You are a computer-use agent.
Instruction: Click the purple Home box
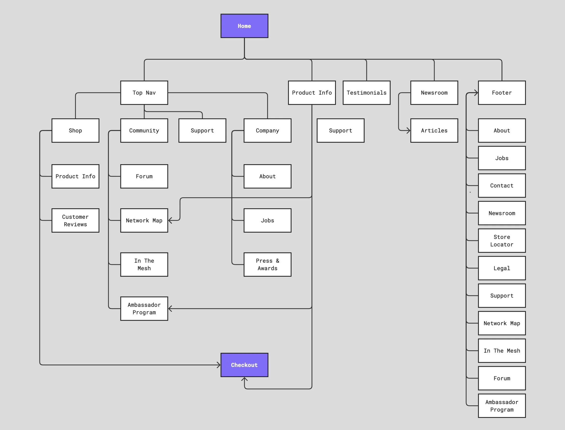coord(244,26)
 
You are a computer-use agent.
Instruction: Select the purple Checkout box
coord(244,365)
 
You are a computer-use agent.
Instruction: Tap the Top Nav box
coord(144,93)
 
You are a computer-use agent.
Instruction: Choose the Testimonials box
coord(366,93)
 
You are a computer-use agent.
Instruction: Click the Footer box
coord(502,93)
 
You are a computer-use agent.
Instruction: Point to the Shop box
coord(75,130)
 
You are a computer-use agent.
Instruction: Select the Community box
coord(144,130)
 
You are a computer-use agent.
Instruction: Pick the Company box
coord(267,130)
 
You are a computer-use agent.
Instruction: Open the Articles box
coord(434,130)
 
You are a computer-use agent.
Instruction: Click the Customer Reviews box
coord(75,220)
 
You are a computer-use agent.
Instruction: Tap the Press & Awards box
coord(267,264)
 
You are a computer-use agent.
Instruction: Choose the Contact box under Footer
coord(502,186)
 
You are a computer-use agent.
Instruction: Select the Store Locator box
coord(502,241)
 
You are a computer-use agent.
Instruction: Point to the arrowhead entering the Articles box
coord(409,130)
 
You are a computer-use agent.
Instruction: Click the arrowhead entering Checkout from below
coord(244,379)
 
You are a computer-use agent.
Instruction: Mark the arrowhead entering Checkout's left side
coord(219,365)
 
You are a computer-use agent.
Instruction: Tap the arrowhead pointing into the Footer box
coord(476,93)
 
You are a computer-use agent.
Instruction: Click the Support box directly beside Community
coord(202,130)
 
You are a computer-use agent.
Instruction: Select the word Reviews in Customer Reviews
coord(75,224)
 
